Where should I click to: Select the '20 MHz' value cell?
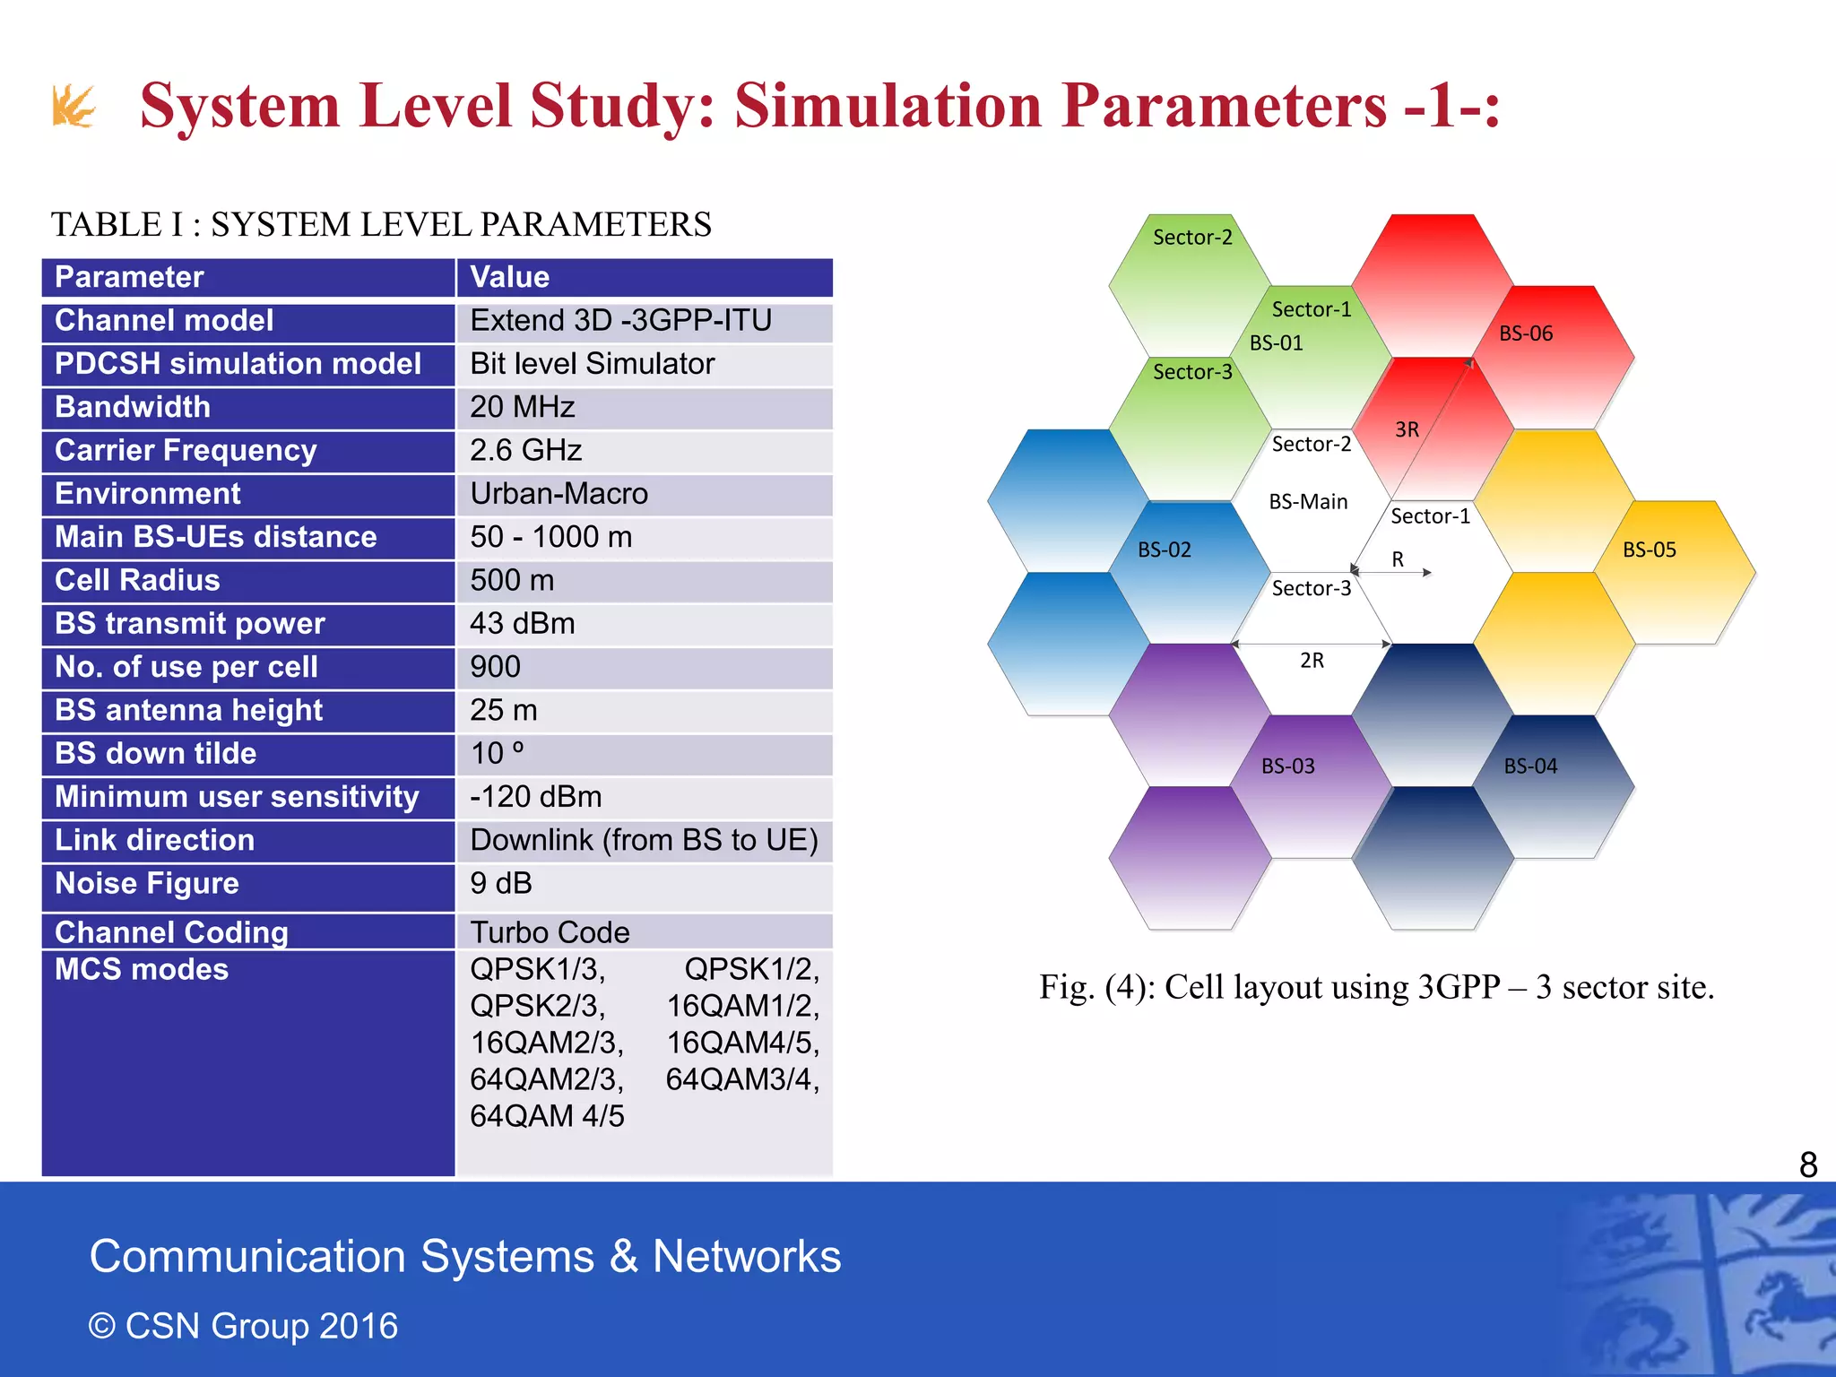[523, 407]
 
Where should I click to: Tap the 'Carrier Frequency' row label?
[186, 450]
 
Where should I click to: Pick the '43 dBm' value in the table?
[523, 624]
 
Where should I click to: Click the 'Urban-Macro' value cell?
[559, 494]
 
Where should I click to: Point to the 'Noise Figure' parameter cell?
[147, 884]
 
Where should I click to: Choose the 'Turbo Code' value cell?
[550, 932]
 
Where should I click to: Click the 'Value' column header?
[509, 277]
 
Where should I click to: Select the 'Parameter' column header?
[129, 277]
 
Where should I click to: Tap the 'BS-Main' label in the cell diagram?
[1308, 502]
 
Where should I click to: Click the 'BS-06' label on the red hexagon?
[1526, 333]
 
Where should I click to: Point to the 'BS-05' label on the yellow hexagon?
[1649, 550]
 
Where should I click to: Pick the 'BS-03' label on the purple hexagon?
[1287, 766]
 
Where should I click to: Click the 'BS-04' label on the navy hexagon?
[1530, 766]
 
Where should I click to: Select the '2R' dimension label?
[1312, 661]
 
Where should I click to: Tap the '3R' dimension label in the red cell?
[1407, 430]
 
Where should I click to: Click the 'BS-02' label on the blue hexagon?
[1164, 550]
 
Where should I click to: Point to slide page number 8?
[1808, 1165]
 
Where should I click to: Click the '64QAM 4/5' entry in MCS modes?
[547, 1116]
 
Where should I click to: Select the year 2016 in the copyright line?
[358, 1326]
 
